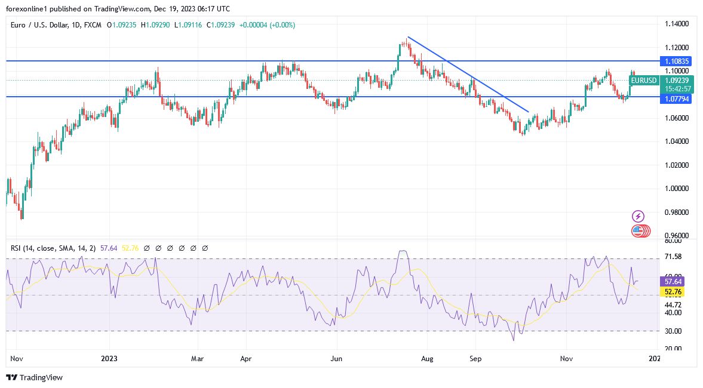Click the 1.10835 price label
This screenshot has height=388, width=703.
click(x=676, y=61)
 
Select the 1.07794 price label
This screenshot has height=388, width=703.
click(x=676, y=99)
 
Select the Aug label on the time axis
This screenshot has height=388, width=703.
click(x=426, y=359)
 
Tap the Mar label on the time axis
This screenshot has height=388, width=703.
click(x=197, y=359)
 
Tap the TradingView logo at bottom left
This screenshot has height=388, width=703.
click(x=34, y=377)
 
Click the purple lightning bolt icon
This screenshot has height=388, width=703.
click(x=638, y=216)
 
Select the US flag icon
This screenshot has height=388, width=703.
click(x=638, y=230)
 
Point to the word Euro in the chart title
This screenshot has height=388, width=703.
click(x=18, y=25)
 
